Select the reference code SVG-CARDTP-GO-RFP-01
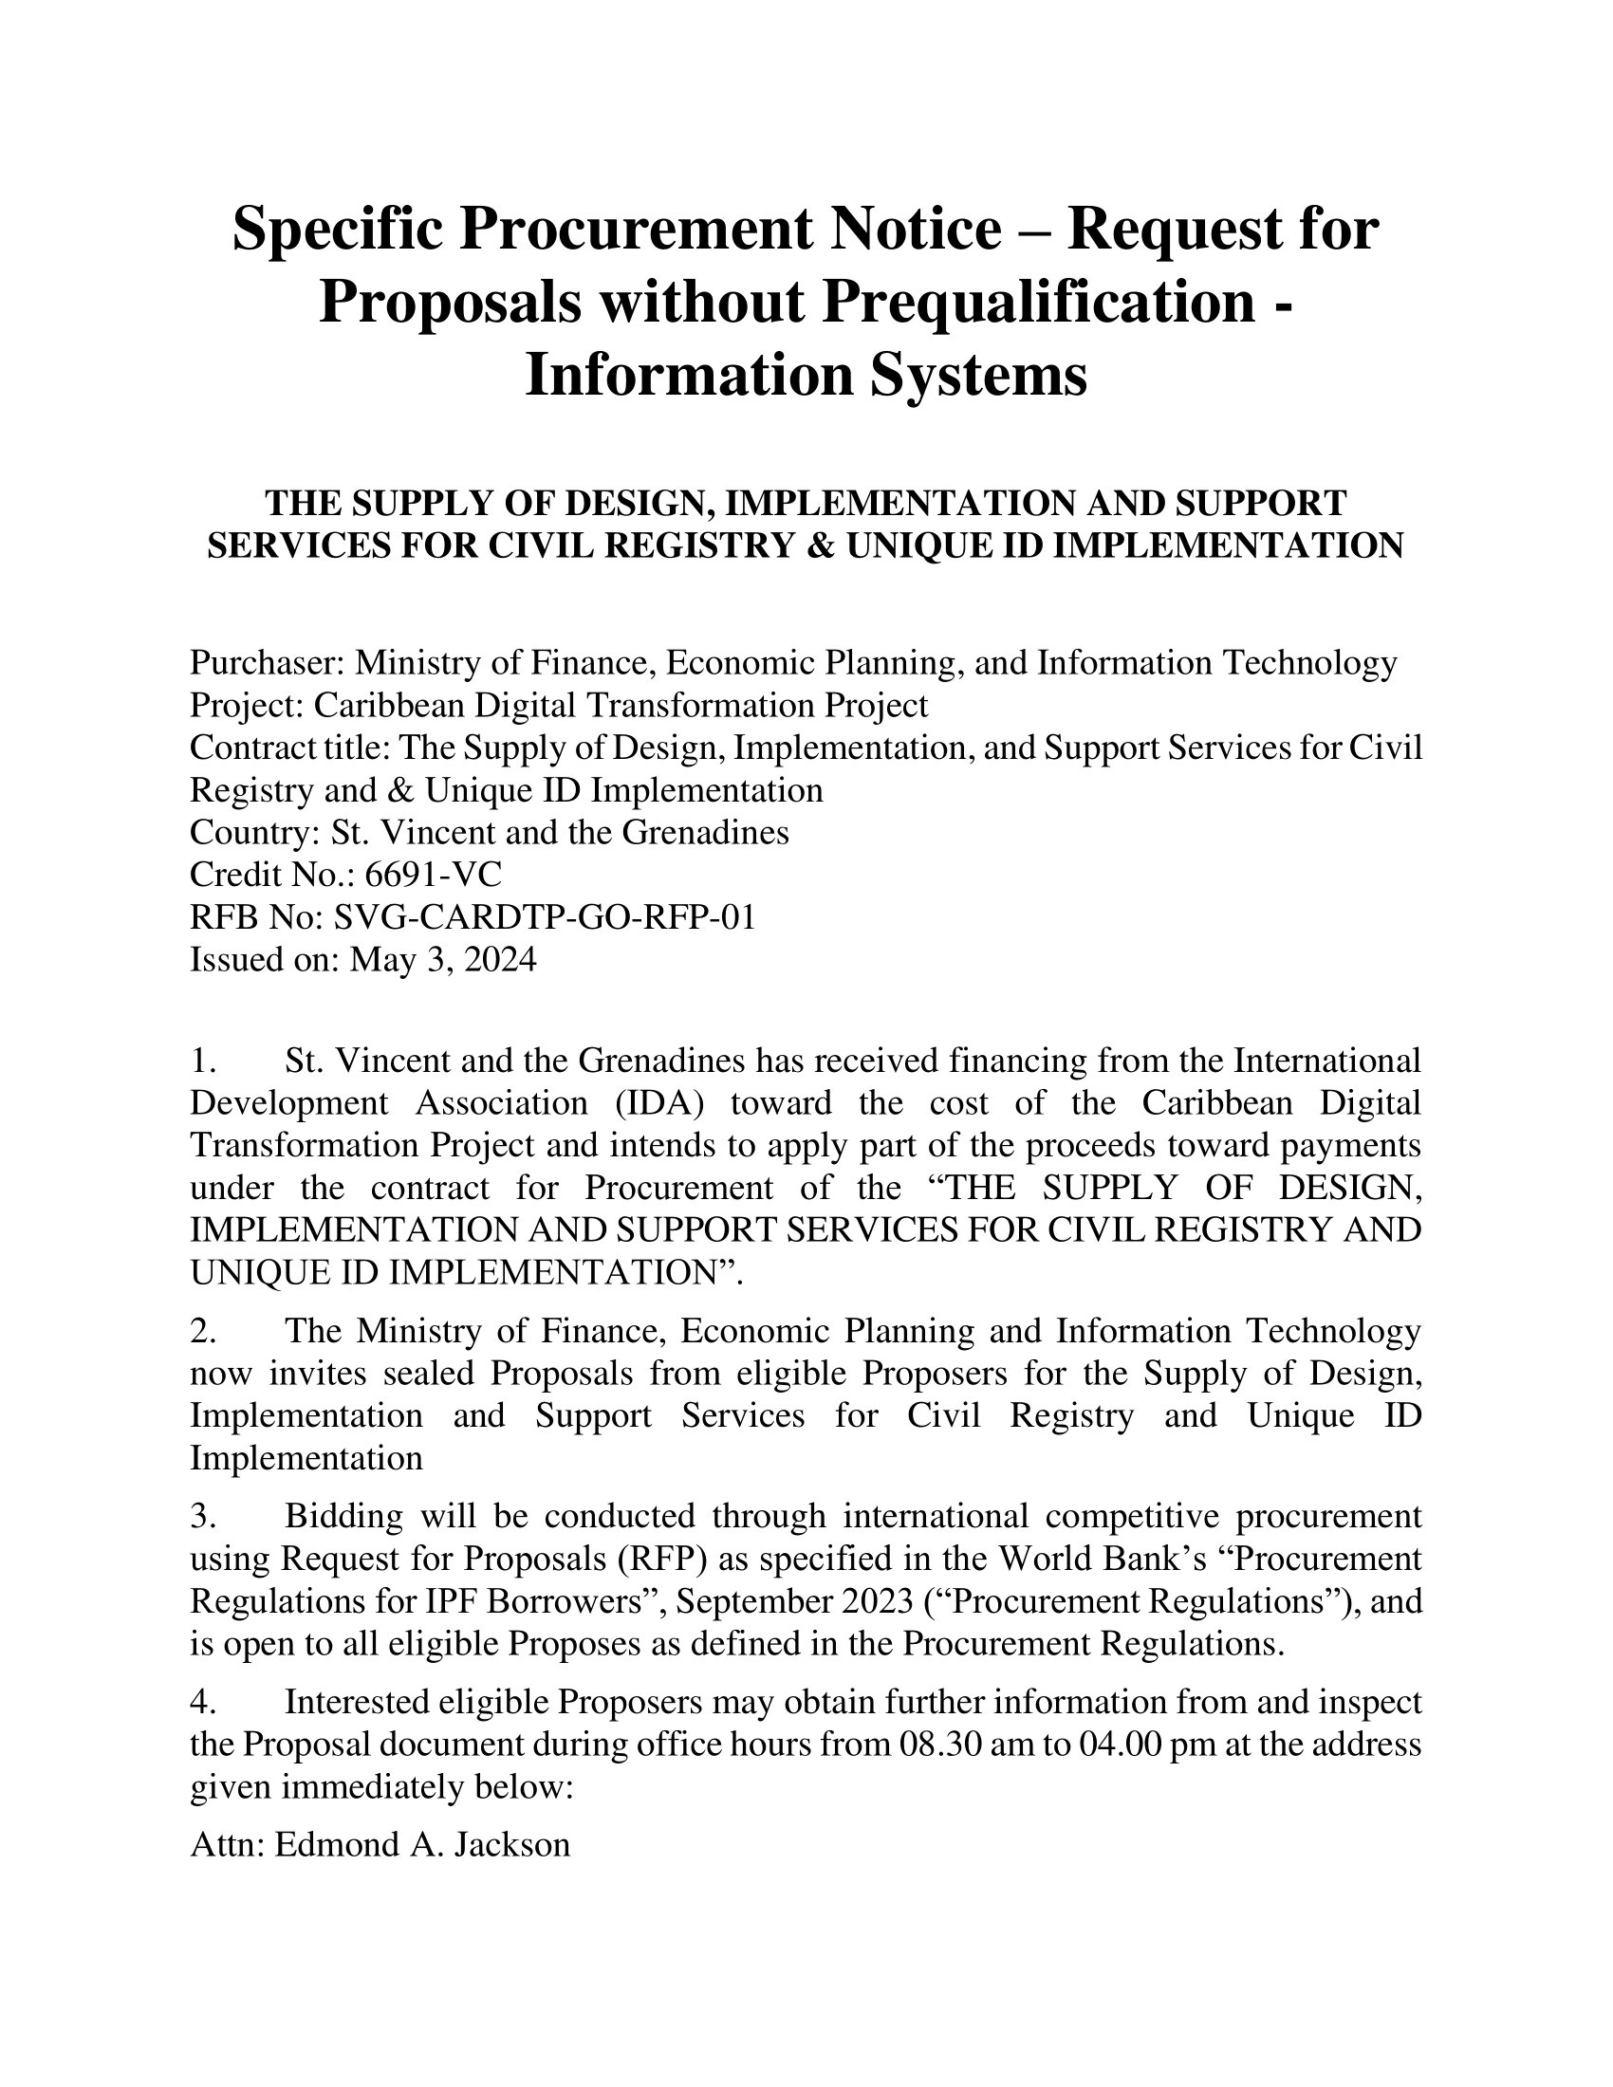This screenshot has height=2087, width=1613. click(x=544, y=916)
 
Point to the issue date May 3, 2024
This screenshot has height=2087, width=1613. click(x=442, y=958)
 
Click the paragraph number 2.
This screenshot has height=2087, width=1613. click(x=200, y=1330)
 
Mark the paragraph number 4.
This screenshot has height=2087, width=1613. click(x=200, y=1702)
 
